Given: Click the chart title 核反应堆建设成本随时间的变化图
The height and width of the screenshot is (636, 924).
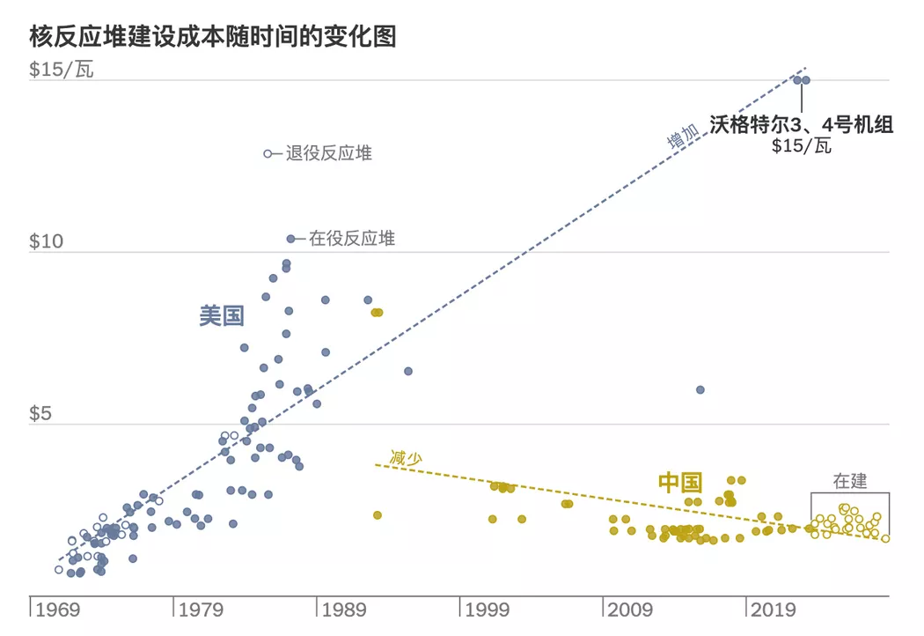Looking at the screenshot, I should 212,36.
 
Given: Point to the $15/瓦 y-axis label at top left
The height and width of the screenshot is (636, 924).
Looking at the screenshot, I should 61,70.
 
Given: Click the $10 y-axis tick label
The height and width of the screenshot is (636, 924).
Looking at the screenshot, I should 47,242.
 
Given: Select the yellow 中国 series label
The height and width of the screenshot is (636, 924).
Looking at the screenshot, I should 680,482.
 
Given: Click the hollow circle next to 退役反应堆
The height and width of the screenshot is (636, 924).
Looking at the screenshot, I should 268,153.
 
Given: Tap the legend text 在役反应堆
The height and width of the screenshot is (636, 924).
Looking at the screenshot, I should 351,239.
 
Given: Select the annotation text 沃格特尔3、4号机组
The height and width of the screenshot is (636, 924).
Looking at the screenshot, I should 801,125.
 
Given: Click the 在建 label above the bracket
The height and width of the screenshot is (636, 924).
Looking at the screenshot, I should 849,481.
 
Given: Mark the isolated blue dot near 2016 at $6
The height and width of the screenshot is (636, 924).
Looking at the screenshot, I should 700,389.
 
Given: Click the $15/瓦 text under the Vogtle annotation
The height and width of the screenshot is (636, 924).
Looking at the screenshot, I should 801,146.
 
